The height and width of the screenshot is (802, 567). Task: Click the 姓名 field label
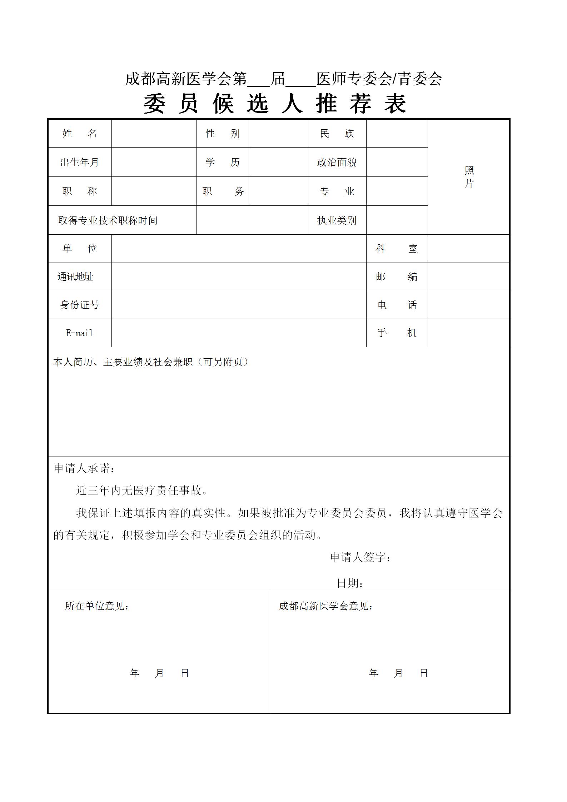click(80, 134)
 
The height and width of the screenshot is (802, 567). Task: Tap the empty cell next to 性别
click(278, 134)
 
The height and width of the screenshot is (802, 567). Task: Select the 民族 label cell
click(337, 134)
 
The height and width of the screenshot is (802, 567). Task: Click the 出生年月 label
click(80, 163)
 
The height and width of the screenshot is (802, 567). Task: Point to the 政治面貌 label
click(337, 163)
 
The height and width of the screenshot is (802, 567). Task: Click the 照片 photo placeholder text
click(469, 177)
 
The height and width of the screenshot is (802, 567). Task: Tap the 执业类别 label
click(337, 220)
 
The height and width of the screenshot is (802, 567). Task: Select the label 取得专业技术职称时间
click(108, 220)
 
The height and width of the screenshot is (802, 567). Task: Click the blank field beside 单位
click(239, 249)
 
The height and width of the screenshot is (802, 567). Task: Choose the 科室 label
click(397, 249)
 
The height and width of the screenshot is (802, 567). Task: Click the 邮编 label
click(397, 277)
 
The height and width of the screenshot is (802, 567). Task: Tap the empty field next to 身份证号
click(239, 305)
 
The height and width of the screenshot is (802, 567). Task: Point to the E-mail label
click(80, 333)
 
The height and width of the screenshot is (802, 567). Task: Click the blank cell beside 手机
click(468, 333)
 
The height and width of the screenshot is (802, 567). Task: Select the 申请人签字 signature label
click(360, 557)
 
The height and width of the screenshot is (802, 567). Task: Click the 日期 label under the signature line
click(350, 583)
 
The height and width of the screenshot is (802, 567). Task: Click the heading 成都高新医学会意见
click(326, 606)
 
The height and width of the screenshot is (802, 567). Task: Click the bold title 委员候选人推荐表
click(275, 104)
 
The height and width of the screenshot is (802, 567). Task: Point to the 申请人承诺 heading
click(84, 468)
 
